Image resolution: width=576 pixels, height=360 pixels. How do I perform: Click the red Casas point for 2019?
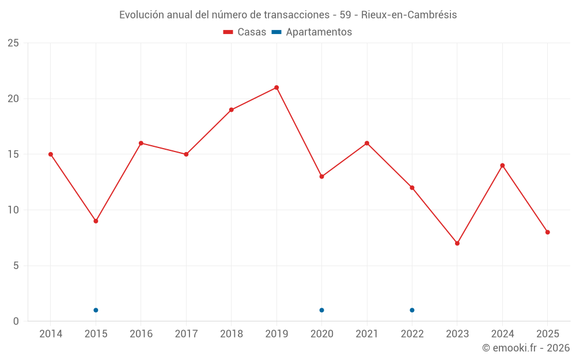click(276, 88)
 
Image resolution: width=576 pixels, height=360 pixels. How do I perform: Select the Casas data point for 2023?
click(457, 243)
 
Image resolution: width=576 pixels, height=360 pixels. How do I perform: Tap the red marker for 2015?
click(96, 221)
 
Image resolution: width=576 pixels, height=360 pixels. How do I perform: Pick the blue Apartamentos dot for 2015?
click(96, 310)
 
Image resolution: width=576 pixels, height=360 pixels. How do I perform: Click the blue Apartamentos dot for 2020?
click(321, 310)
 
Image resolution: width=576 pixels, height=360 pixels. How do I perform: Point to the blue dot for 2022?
click(412, 310)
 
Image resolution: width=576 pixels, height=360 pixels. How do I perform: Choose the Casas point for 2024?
click(502, 165)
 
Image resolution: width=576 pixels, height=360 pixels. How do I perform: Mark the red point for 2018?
click(231, 110)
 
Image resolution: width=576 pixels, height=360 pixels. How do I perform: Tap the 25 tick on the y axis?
click(13, 43)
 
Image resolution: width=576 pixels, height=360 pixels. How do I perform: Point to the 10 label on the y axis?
click(13, 210)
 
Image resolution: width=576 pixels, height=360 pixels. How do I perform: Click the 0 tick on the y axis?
click(16, 321)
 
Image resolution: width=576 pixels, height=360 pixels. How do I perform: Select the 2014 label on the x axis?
click(51, 334)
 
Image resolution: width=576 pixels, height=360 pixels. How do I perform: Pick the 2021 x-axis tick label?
click(367, 334)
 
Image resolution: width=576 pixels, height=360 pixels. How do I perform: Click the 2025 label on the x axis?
click(547, 334)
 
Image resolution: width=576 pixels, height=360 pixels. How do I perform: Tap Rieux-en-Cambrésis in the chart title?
click(409, 15)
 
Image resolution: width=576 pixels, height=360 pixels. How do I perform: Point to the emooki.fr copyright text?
click(526, 348)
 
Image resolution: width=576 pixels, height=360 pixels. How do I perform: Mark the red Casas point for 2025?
click(548, 232)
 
